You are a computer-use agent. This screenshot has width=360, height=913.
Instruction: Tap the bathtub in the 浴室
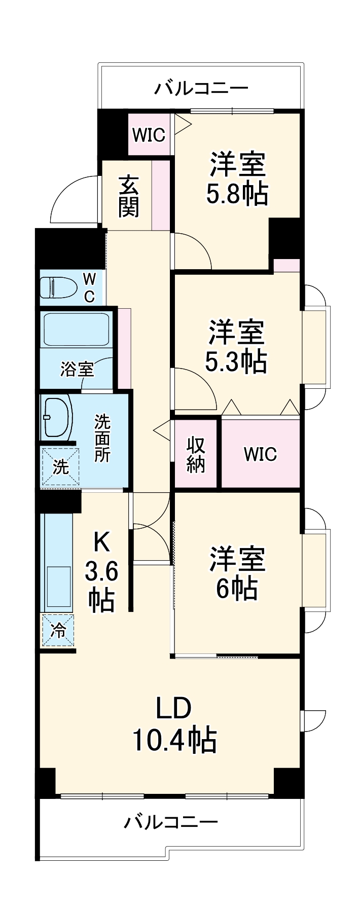pos(76,329)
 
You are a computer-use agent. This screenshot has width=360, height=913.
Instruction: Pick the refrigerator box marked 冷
pos(58,630)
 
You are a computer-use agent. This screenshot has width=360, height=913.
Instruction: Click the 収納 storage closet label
pos(196,454)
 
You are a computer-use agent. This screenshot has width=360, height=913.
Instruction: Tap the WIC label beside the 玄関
pos(149,135)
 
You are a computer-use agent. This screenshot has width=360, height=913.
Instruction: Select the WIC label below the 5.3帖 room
pos(260,454)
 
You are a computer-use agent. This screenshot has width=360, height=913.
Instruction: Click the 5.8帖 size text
pos(237,193)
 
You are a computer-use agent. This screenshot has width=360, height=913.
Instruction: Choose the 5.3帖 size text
pos(236,361)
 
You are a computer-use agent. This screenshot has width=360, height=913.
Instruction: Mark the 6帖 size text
pos(237,588)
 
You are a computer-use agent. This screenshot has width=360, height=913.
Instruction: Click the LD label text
pos(173,708)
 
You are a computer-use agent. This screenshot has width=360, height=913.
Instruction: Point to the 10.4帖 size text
pos(174,740)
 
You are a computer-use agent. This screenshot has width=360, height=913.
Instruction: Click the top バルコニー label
pos(201,89)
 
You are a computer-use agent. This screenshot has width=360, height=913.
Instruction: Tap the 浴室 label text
pos(77,369)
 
